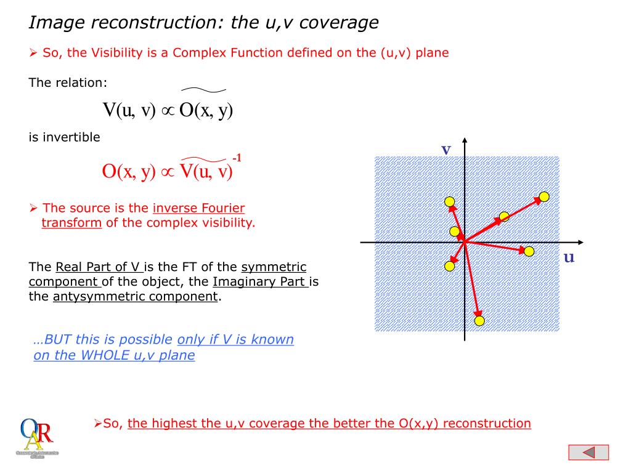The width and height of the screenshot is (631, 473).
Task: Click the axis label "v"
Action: click(446, 150)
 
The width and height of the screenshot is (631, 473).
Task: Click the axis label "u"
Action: click(569, 257)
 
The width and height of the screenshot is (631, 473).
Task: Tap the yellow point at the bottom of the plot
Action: click(479, 320)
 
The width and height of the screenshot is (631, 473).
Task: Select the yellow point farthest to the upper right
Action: click(544, 196)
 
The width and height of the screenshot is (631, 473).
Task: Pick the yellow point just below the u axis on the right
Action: click(529, 251)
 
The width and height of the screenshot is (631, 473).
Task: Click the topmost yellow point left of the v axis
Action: click(450, 201)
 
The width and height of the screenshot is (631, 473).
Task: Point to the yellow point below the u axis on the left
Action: click(449, 266)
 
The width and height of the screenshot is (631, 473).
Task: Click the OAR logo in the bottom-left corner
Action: click(37, 438)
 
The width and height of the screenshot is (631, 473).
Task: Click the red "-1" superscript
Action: click(237, 158)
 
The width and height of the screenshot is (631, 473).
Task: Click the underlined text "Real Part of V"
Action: click(99, 267)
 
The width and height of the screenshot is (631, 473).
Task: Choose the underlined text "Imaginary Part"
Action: click(260, 282)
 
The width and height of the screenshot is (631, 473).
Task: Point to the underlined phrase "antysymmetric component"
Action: click(135, 297)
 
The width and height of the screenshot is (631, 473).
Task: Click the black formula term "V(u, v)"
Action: click(129, 110)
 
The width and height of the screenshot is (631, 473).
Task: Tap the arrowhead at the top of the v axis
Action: click(465, 140)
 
